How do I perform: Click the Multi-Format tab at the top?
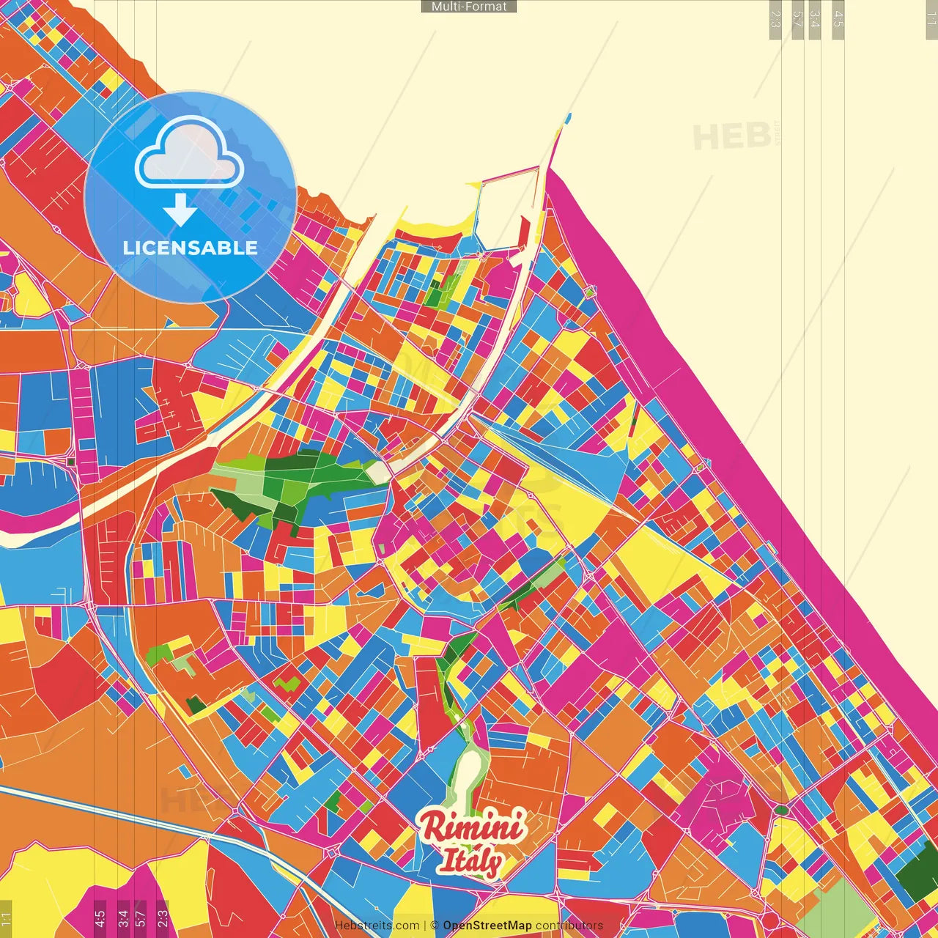click(x=469, y=7)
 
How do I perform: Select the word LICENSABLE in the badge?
click(x=191, y=248)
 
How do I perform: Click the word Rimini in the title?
click(x=473, y=827)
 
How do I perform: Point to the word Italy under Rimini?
click(x=470, y=860)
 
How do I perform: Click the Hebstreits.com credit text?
click(x=377, y=926)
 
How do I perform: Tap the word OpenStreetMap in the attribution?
click(x=487, y=926)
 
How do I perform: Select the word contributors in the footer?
click(x=569, y=926)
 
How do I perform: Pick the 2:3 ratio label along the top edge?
click(x=775, y=19)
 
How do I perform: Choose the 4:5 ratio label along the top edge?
click(x=838, y=19)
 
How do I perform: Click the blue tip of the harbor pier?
click(x=568, y=117)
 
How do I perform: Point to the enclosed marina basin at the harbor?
click(x=506, y=213)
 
